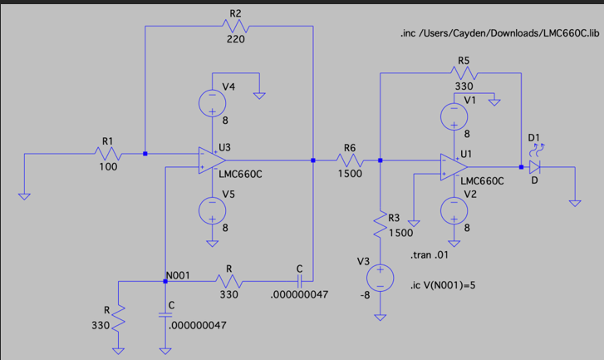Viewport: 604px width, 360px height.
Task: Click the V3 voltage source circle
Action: [379, 278]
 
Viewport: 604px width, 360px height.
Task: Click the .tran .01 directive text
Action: [429, 254]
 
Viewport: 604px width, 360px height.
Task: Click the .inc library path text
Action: [498, 35]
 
